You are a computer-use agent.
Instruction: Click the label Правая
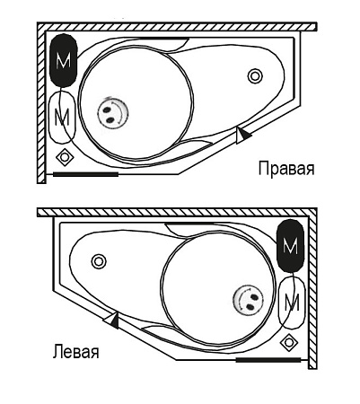[286, 169]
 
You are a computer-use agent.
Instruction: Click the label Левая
[75, 352]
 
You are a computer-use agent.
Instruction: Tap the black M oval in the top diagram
[64, 61]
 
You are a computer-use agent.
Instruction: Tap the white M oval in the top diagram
[63, 118]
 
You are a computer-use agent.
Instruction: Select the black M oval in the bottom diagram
[291, 246]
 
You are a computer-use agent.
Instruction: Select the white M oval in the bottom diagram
[292, 303]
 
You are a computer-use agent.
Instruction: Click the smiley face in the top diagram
[113, 113]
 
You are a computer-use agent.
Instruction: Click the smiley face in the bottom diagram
[248, 300]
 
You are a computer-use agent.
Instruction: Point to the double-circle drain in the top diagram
[255, 76]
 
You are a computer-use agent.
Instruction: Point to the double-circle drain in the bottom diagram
[99, 261]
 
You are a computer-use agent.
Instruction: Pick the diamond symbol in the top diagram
[65, 157]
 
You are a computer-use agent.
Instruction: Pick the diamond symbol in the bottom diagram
[289, 342]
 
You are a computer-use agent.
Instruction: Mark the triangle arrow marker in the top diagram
[242, 135]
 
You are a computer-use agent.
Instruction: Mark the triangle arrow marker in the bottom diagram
[111, 320]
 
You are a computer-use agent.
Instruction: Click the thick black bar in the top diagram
[85, 174]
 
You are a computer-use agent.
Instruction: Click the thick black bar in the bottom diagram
[268, 359]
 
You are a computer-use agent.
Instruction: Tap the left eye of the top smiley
[106, 110]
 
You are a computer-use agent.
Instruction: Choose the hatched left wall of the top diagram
[41, 102]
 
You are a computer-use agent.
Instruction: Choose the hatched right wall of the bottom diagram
[312, 288]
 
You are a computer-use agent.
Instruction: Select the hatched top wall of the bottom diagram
[177, 212]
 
